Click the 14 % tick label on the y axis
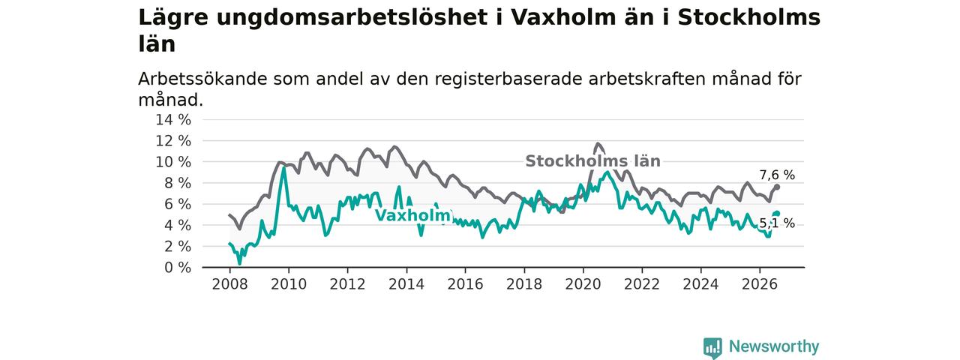173,119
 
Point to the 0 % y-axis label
178,268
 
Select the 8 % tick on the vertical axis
178,183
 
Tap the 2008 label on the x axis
229,284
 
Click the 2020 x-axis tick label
583,284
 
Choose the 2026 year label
760,284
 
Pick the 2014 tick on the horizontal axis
406,284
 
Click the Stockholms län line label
592,161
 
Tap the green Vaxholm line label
413,215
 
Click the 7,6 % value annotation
777,175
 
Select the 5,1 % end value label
777,223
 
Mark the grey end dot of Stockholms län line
777,187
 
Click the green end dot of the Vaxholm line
777,214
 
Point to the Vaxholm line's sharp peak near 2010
283,168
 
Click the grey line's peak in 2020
598,144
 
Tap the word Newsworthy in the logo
774,346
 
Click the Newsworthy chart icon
712,348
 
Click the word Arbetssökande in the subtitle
202,79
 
